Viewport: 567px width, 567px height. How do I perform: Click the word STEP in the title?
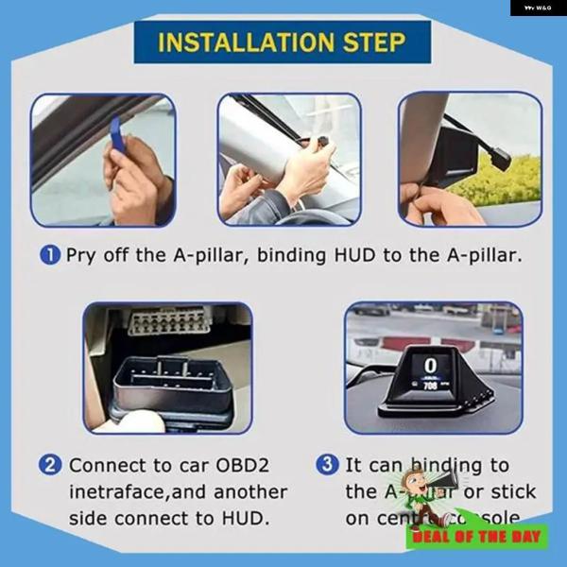click(372, 43)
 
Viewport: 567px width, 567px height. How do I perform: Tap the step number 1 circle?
click(51, 255)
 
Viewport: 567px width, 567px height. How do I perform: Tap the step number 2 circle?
click(51, 465)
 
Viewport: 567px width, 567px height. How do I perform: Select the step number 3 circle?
click(326, 465)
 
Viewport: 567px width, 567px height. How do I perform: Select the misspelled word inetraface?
click(131, 492)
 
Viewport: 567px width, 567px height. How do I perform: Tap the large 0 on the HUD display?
click(431, 367)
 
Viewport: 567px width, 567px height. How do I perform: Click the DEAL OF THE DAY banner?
click(477, 535)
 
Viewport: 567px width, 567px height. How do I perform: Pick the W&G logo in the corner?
click(537, 8)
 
